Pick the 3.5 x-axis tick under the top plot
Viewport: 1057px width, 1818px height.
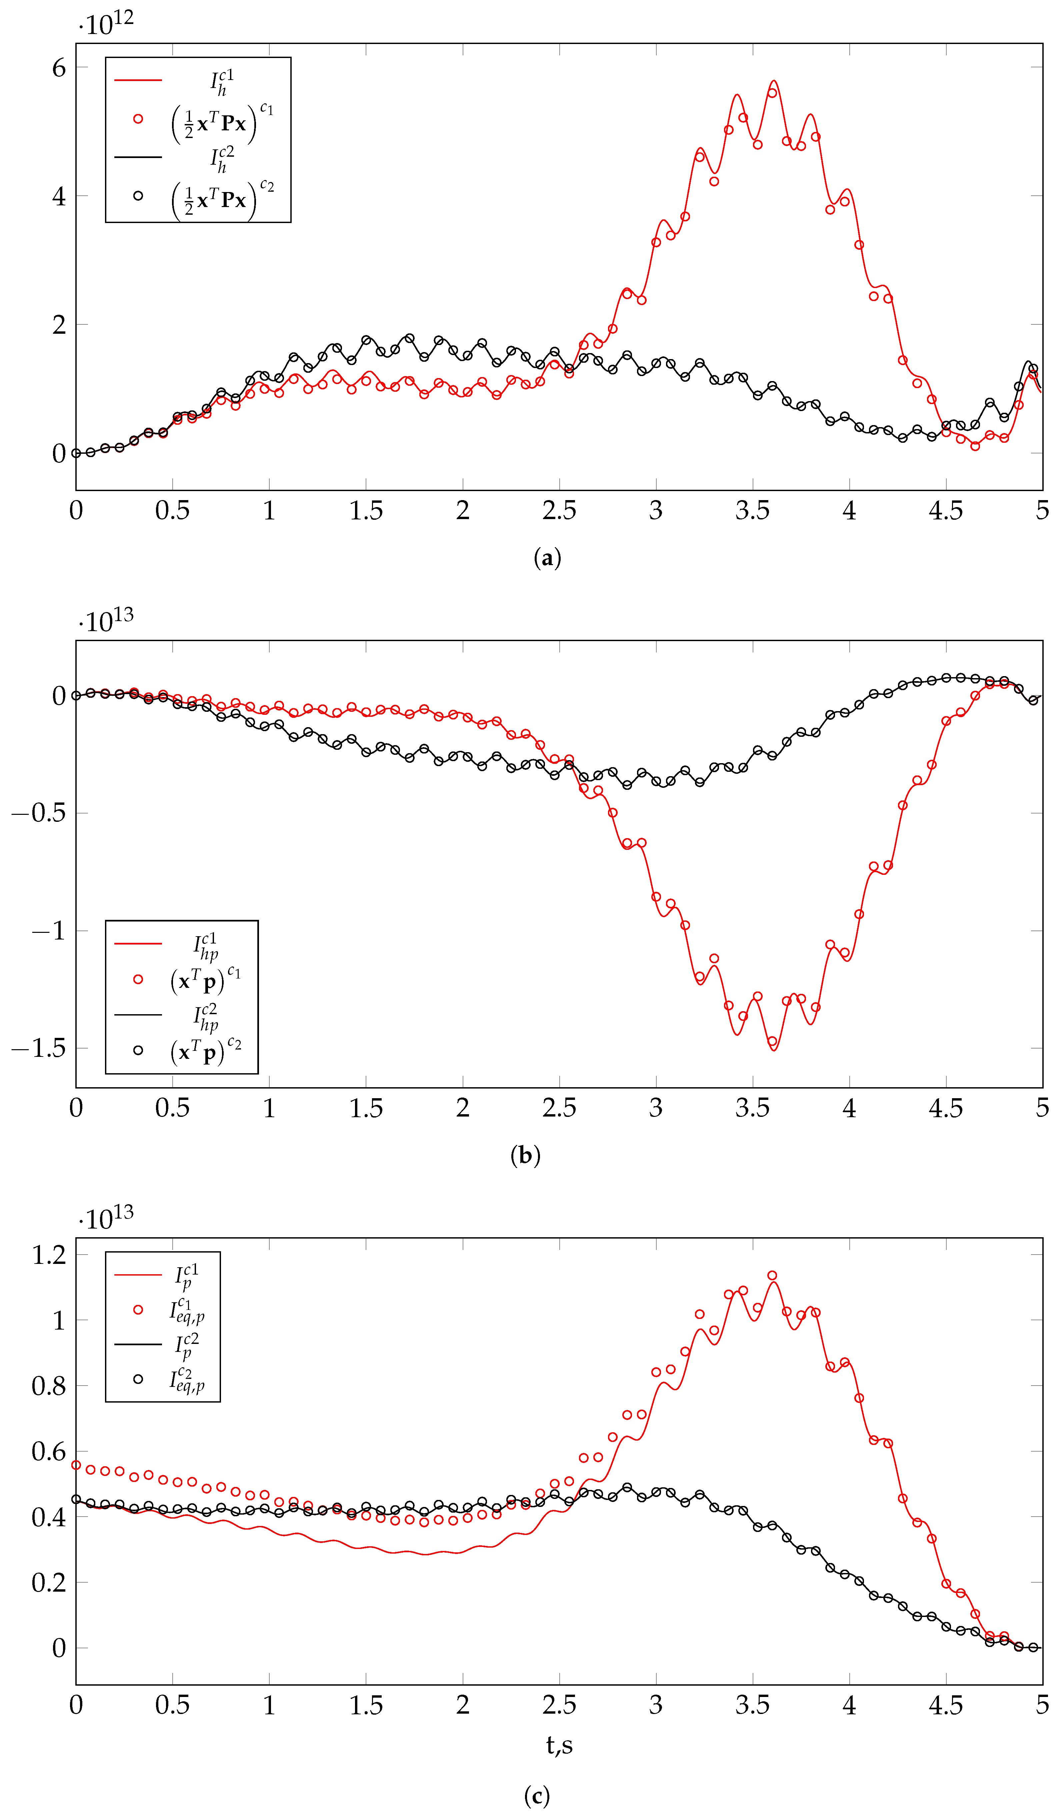click(753, 511)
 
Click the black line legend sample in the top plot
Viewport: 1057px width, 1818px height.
click(138, 157)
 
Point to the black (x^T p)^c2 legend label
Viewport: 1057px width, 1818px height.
click(206, 1051)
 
